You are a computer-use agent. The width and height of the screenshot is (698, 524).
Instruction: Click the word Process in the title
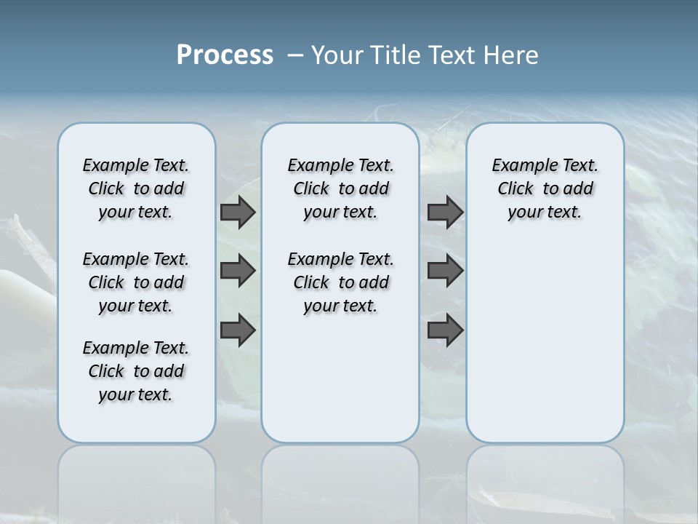[225, 55]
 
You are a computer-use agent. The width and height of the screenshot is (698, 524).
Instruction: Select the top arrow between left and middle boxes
[238, 212]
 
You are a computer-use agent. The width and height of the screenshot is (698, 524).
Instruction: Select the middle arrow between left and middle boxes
[238, 271]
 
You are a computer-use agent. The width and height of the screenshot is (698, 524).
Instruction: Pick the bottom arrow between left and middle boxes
[238, 330]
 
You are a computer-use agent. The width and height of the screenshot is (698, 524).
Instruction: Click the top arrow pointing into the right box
[445, 212]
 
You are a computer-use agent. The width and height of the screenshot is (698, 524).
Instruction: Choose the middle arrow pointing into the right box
[445, 271]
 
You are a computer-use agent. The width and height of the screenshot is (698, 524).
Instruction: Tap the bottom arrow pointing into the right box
[445, 330]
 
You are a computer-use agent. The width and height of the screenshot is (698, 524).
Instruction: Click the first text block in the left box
[136, 188]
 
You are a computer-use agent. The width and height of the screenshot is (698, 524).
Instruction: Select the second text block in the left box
[136, 282]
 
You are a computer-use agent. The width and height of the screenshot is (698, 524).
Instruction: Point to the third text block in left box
[136, 371]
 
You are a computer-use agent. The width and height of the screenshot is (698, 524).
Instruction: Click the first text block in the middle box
[340, 188]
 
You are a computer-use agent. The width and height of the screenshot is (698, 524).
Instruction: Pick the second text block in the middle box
[340, 282]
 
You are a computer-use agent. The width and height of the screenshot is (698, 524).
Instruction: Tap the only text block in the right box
[545, 188]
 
